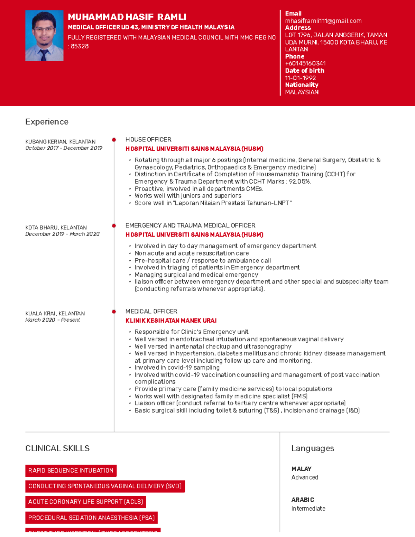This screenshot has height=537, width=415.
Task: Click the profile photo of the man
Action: click(44, 36)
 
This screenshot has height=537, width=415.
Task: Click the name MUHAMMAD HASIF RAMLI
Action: click(127, 17)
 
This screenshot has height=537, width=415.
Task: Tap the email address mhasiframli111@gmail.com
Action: click(323, 21)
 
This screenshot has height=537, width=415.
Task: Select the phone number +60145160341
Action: click(305, 63)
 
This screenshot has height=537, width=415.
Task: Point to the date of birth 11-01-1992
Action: click(300, 78)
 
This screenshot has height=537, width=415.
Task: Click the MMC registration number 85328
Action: click(80, 46)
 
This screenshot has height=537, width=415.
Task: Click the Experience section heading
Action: click(47, 122)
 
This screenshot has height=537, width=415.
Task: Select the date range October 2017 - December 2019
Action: click(64, 148)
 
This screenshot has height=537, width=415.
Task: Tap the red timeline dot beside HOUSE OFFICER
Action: click(114, 140)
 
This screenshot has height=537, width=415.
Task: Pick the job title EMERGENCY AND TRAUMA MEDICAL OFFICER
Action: click(190, 225)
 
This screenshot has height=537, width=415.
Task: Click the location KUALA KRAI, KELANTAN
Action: click(55, 313)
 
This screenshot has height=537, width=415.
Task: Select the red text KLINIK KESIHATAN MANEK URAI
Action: click(171, 321)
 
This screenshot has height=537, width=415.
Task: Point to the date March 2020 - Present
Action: click(53, 320)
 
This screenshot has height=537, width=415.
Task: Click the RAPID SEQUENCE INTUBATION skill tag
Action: click(71, 471)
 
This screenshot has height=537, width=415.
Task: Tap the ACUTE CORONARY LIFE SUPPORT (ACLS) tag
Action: click(85, 502)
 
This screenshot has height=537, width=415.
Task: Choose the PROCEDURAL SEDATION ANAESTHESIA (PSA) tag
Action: click(91, 518)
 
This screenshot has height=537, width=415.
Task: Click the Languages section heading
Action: click(312, 448)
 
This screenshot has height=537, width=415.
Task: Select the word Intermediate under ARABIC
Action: click(308, 509)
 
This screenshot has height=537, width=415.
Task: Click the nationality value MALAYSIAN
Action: click(302, 92)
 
